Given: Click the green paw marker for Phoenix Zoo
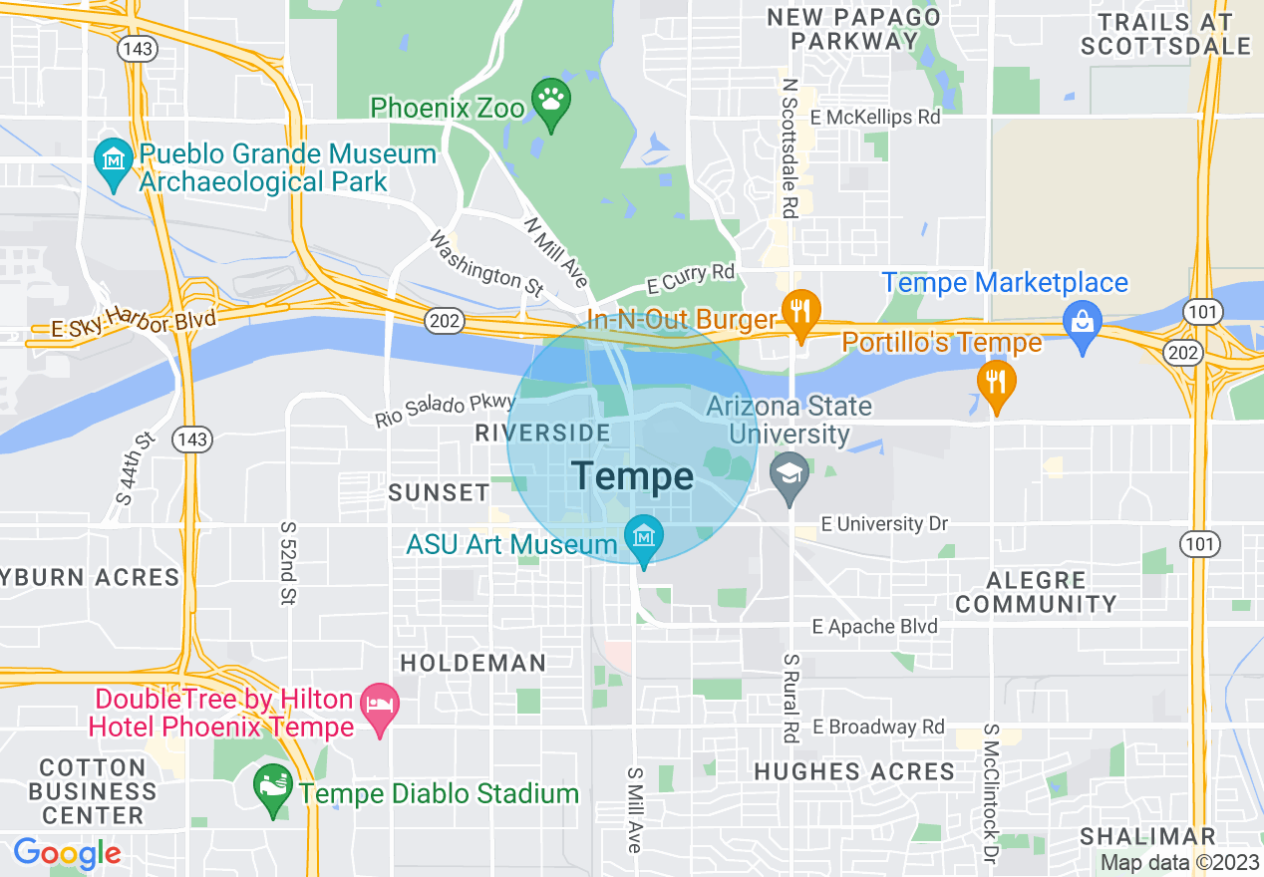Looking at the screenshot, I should point(549,101).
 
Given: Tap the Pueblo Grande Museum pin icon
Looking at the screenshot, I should point(113,160).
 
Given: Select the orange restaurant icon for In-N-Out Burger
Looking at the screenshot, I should point(799,310).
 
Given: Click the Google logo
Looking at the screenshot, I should point(67,854).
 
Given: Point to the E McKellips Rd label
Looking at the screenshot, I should point(875,118).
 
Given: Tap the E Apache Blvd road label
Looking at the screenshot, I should point(875,626).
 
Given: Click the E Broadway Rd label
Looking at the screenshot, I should point(878,727).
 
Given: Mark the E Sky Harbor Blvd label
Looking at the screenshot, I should point(124,325).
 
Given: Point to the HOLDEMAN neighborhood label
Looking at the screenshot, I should point(473,663).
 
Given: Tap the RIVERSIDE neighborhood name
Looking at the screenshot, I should point(542,433).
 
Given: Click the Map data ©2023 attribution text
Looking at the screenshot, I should point(1179,863).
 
